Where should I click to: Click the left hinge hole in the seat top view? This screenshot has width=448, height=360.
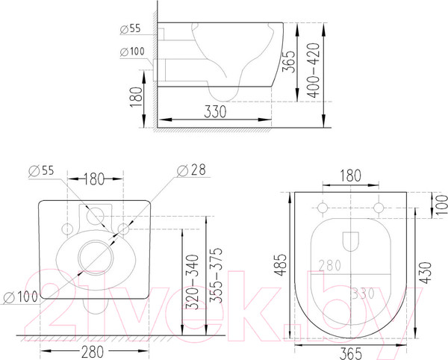(x=322, y=205)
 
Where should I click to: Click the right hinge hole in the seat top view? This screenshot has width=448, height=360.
(x=378, y=205)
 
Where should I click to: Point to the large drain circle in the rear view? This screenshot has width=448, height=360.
(x=95, y=253)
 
